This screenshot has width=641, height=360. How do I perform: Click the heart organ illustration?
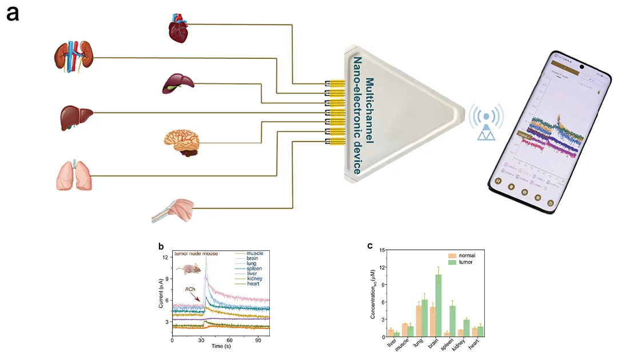click(x=181, y=28)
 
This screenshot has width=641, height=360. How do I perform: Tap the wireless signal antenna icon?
click(x=486, y=123)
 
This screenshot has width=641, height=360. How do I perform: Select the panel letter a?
click(x=13, y=14)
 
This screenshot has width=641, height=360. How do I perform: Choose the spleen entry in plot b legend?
click(x=254, y=268)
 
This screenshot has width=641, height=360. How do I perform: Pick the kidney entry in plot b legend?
click(x=254, y=278)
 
